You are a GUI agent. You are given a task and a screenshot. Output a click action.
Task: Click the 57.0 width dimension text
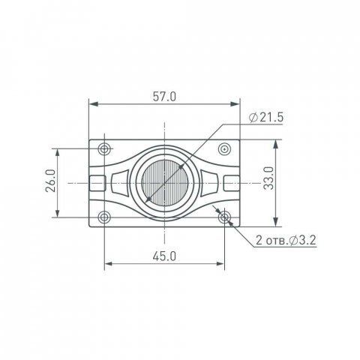[x=164, y=97]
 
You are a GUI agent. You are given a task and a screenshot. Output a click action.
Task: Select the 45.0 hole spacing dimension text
[x=164, y=256]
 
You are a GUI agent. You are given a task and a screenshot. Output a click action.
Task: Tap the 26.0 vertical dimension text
[x=50, y=181]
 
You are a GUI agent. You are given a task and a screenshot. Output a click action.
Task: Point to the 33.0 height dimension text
[x=268, y=178]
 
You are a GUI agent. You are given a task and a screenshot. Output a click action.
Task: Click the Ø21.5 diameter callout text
[x=266, y=118]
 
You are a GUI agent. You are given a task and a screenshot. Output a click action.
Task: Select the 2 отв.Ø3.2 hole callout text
[x=286, y=240]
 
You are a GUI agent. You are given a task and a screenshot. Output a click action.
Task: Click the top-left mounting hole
[x=104, y=149]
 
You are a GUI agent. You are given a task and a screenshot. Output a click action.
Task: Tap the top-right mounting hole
[x=225, y=149]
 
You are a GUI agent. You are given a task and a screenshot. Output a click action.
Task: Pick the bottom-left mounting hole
[x=104, y=217]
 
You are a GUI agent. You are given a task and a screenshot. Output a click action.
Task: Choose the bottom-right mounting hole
[x=225, y=217]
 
